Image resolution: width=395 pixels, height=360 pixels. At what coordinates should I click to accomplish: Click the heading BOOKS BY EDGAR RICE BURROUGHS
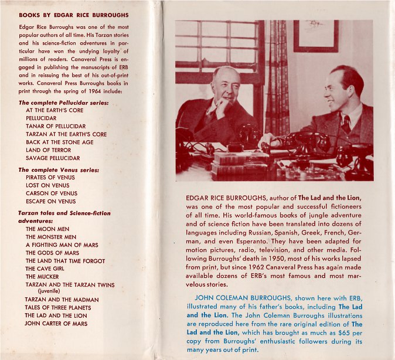click(74, 15)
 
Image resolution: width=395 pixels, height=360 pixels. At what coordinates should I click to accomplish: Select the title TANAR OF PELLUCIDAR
click(56, 126)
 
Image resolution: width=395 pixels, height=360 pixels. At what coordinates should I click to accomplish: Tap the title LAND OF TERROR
click(48, 150)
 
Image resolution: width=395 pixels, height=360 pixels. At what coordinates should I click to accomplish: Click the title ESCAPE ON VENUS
click(51, 201)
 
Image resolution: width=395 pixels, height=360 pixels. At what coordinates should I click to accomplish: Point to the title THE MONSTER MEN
click(53, 236)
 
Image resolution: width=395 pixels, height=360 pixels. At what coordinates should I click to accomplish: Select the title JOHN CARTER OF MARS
click(56, 323)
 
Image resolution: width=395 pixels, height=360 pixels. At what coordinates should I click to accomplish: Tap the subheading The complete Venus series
click(59, 169)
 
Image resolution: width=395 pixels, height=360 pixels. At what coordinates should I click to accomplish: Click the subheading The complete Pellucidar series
click(63, 103)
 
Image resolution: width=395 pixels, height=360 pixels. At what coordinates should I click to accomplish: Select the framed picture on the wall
click(316, 35)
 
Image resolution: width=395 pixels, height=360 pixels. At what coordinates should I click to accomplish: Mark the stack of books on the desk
click(232, 164)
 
